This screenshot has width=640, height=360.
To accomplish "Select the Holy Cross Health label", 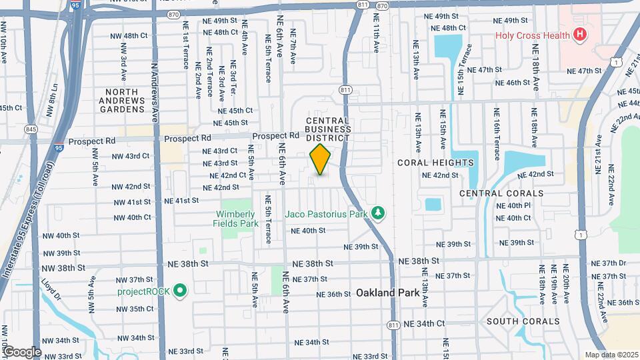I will (532, 35).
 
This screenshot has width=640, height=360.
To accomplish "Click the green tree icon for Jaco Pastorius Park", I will (379, 213).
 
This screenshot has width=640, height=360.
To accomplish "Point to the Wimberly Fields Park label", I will (235, 219).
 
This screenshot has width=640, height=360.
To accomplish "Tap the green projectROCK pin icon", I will (179, 291).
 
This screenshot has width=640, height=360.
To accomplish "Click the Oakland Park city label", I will (387, 293).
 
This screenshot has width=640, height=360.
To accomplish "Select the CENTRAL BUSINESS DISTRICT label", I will (327, 129).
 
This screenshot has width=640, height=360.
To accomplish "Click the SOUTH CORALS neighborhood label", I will (522, 321).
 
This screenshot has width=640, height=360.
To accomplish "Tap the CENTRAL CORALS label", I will (501, 193).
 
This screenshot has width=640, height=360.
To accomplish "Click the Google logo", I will (22, 351).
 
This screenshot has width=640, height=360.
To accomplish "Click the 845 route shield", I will (31, 129).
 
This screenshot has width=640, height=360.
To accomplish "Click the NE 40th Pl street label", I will (513, 206).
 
